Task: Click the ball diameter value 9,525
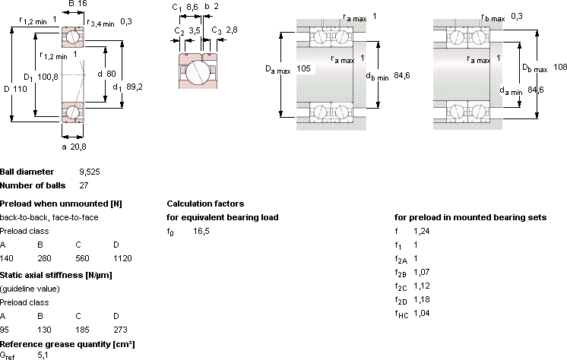[x=90, y=172]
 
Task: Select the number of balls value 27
[x=84, y=185]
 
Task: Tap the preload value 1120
[x=122, y=258]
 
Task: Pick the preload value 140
[x=7, y=258]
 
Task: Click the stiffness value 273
[x=120, y=330]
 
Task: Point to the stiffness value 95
[x=5, y=330]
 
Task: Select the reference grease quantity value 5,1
[x=43, y=355]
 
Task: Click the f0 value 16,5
[x=201, y=232]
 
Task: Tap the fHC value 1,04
[x=422, y=313]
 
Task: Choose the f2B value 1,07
[x=422, y=272]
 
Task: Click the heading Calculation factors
[x=205, y=204]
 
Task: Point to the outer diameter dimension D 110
[x=15, y=89]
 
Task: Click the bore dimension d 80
[x=106, y=74]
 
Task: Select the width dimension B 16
[x=78, y=4]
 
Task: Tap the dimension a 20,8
[x=74, y=147]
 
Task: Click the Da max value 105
[x=303, y=68]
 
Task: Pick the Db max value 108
[x=560, y=68]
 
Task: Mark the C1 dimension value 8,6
[x=192, y=7]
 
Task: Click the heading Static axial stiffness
[x=56, y=275]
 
